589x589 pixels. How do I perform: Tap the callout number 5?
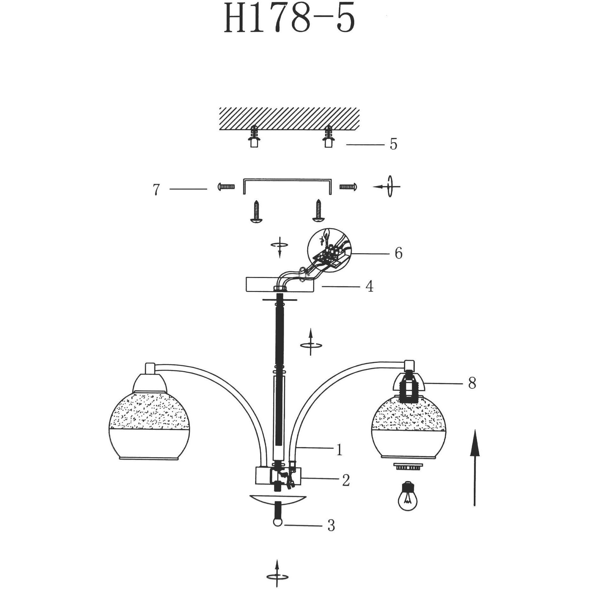point(394,144)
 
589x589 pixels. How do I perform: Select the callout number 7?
point(156,189)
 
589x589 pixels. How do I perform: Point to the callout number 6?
point(399,253)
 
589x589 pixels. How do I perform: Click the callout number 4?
point(369,287)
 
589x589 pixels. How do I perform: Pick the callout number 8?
point(472,383)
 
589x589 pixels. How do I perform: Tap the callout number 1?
point(339,450)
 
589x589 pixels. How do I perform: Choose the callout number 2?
point(346,480)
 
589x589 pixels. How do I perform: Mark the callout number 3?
point(331,526)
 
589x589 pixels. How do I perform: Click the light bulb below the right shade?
point(407,500)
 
